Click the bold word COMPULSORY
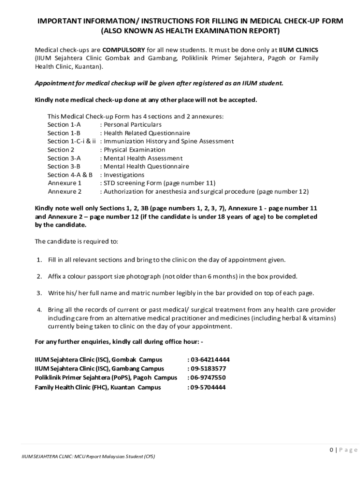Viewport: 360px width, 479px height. click(x=123, y=50)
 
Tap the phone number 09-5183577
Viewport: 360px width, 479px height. click(x=208, y=369)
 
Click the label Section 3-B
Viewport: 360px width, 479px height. click(x=64, y=167)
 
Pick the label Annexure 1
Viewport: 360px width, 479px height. click(x=65, y=183)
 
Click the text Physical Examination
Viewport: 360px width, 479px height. click(x=134, y=150)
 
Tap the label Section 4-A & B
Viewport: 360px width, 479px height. click(x=70, y=175)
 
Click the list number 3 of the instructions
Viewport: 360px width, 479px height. click(x=39, y=293)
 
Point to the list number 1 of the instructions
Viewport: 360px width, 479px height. click(x=39, y=260)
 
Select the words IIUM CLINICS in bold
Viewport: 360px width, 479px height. click(x=299, y=50)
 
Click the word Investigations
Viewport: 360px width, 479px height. click(x=124, y=175)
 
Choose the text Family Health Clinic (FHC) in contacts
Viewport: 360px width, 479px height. click(x=72, y=387)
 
